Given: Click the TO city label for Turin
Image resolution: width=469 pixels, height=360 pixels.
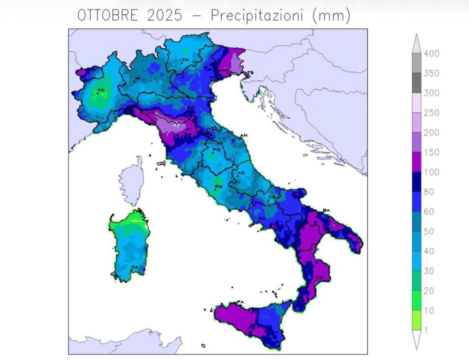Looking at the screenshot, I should click(x=101, y=91).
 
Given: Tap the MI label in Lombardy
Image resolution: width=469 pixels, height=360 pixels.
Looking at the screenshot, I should click(x=137, y=78).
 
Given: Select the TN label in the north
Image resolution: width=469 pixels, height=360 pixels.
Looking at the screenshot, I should click(x=185, y=60).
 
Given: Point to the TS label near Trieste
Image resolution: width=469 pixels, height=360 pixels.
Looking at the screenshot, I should click(x=250, y=73).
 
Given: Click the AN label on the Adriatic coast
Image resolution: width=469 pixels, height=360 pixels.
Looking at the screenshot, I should click(x=244, y=135).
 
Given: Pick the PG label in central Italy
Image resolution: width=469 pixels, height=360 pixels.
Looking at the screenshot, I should click(x=216, y=150).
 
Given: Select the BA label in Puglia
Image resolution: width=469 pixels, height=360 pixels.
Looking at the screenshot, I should click(x=327, y=210).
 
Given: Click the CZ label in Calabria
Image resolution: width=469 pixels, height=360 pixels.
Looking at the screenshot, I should click(x=320, y=278).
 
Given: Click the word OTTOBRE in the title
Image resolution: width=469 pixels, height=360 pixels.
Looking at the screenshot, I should click(x=108, y=16).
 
